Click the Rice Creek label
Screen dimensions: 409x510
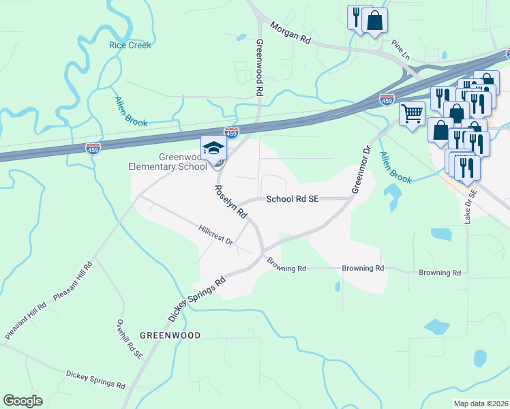130,45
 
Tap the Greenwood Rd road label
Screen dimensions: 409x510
259,67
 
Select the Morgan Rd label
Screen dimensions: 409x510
290,33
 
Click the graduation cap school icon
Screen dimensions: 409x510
213,148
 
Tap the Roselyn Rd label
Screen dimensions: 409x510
230,201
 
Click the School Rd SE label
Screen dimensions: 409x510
292,200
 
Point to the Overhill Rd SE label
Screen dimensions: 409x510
130,339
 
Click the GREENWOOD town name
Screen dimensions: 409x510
170,335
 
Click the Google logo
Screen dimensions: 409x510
22,400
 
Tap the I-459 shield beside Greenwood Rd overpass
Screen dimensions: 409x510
232,132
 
